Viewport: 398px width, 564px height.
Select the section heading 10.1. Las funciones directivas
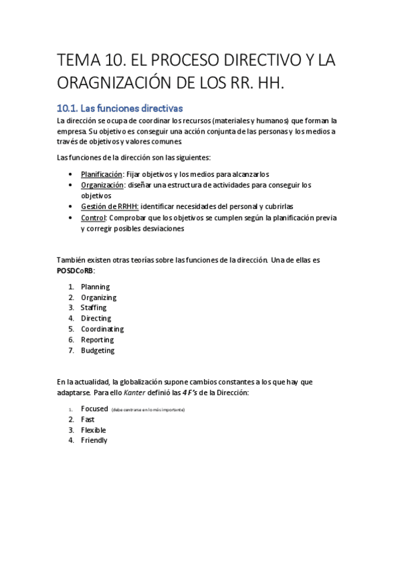click(x=120, y=108)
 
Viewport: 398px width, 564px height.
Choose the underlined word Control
click(x=93, y=217)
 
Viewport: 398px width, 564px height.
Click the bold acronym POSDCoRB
click(x=75, y=271)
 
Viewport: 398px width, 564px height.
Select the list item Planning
click(x=95, y=287)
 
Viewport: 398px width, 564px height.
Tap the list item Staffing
click(x=94, y=308)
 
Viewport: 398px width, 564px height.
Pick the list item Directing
click(x=96, y=319)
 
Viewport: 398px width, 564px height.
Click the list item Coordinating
click(x=102, y=329)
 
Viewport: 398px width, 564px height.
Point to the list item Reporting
click(x=97, y=340)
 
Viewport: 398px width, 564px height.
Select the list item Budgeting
click(x=98, y=351)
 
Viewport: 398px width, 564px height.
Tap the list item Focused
click(x=94, y=408)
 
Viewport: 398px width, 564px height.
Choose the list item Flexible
click(x=94, y=430)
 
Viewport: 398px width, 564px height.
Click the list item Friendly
click(x=94, y=440)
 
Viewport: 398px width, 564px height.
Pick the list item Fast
click(x=88, y=419)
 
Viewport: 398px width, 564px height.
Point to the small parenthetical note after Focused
click(x=149, y=410)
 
